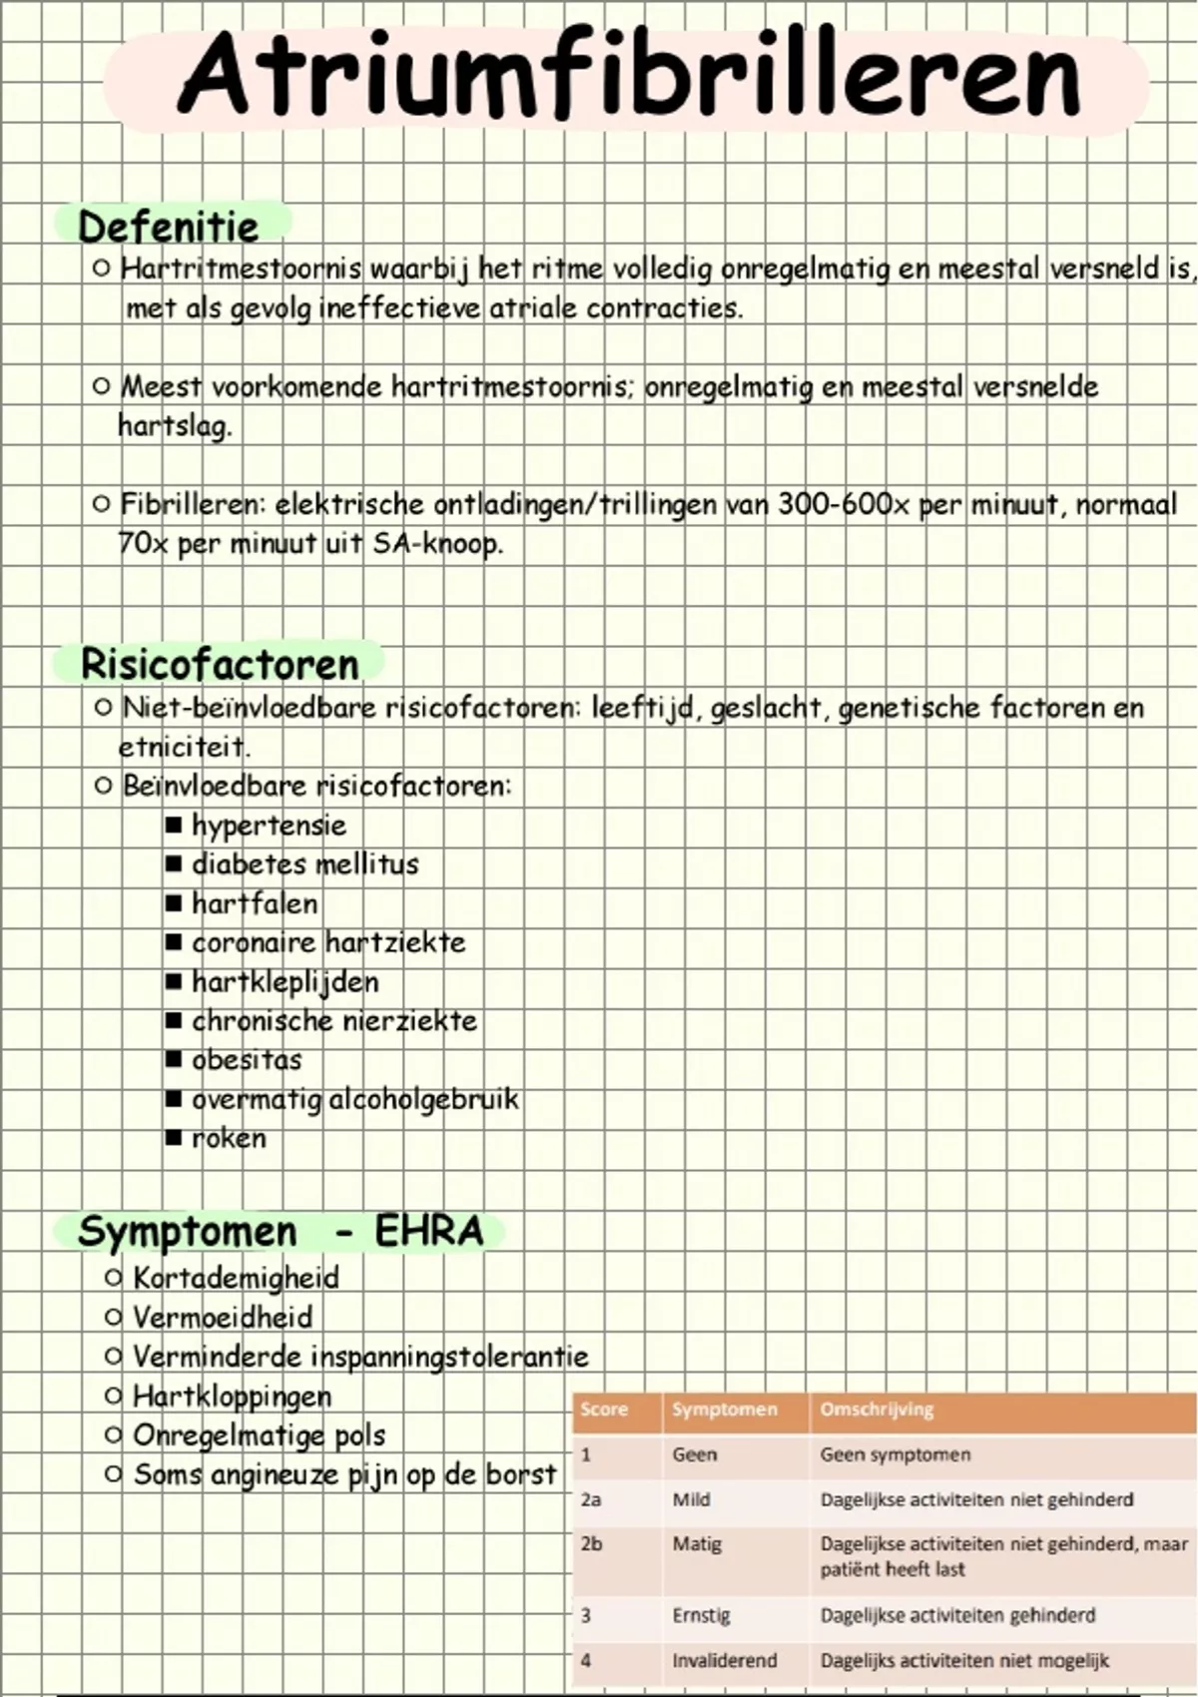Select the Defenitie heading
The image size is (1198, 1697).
[169, 227]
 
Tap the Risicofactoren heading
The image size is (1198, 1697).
[220, 665]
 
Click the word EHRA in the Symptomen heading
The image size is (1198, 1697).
[428, 1232]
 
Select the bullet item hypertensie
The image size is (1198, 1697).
[269, 826]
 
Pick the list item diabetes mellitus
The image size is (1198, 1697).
[304, 864]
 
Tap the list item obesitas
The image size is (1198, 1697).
[246, 1060]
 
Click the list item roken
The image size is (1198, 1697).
[229, 1138]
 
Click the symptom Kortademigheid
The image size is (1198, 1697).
[236, 1278]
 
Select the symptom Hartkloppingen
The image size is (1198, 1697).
[232, 1396]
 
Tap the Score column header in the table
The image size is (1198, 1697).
[604, 1410]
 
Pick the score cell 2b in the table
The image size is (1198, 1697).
[591, 1544]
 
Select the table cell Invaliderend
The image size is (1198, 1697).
[724, 1661]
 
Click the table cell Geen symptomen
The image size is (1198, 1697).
[895, 1454]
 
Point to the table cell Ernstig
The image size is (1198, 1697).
[701, 1615]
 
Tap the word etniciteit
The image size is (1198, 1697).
[183, 747]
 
